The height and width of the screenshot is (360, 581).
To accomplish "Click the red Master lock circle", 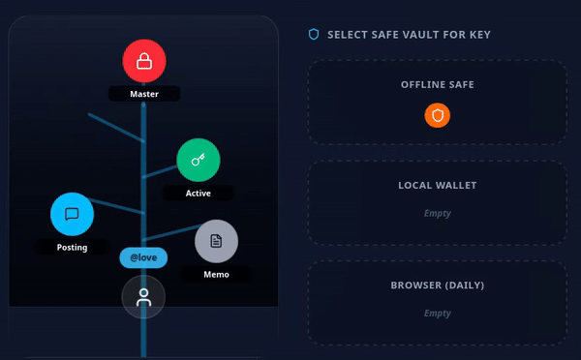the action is click(x=144, y=61).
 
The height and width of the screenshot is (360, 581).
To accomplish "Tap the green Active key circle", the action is click(x=199, y=160).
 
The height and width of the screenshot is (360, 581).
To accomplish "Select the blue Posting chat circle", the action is click(x=72, y=214).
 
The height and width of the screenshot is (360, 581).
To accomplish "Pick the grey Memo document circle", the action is click(x=216, y=241).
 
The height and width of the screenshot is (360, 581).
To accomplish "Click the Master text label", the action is click(x=144, y=94).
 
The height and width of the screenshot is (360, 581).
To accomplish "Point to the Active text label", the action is click(x=199, y=194).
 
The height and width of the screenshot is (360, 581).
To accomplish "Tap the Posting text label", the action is click(x=72, y=248).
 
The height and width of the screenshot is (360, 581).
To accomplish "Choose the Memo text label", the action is click(x=216, y=275).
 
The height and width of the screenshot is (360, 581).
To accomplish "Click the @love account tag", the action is click(x=143, y=257).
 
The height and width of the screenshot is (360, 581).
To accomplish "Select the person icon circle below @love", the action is click(x=143, y=297).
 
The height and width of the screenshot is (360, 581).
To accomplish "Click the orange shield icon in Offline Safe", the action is click(x=438, y=115).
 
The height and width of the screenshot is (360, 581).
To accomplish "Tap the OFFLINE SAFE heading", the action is click(x=438, y=85).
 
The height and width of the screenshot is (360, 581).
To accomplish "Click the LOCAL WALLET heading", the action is click(x=438, y=185).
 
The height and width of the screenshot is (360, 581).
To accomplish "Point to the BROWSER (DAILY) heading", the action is click(x=438, y=285).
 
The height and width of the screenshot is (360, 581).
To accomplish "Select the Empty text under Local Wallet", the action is click(x=438, y=213).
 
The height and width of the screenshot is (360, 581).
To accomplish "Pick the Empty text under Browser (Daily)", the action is click(x=438, y=314).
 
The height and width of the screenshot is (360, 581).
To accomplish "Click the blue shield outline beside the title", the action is click(x=314, y=35).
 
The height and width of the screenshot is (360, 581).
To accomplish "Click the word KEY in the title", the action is click(x=480, y=35).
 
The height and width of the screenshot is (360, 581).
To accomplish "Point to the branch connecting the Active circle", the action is click(x=160, y=171).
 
